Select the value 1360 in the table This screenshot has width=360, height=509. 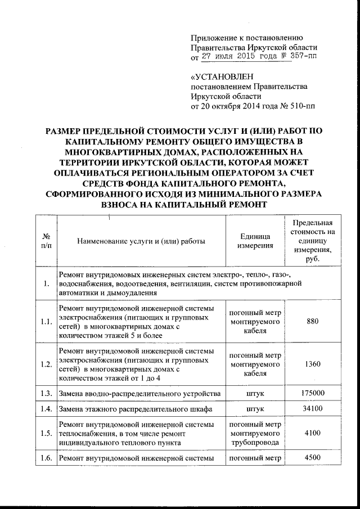pos(313,364)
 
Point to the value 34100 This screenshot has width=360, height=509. pos(313,408)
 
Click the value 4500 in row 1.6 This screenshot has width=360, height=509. pos(313,458)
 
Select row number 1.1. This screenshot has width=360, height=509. pos(47,322)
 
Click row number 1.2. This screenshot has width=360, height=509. pos(47,364)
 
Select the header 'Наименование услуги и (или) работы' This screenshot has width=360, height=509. pos(141,241)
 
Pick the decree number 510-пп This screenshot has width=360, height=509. pos(301,106)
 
